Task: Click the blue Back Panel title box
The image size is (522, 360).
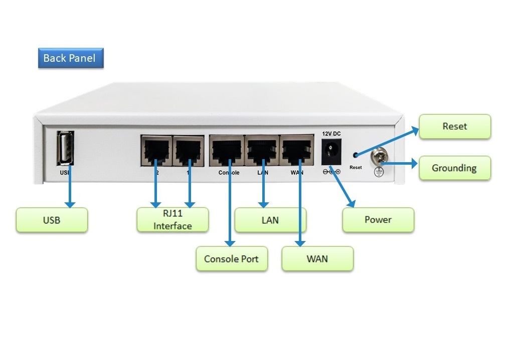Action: [x=70, y=58]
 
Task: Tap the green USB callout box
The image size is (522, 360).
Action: [x=52, y=220]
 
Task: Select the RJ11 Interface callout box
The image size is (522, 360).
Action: [x=172, y=220]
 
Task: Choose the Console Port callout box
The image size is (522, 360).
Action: [x=231, y=259]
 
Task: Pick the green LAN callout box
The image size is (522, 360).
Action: [x=270, y=220]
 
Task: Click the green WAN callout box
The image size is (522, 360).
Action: [x=317, y=259]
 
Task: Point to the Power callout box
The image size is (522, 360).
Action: [x=378, y=220]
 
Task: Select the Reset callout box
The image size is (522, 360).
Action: [x=454, y=127]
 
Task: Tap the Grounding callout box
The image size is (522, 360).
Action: [x=454, y=168]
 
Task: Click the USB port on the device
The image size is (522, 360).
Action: [x=66, y=148]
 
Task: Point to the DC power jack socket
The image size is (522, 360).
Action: [x=331, y=151]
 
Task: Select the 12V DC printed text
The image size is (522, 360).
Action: [x=331, y=134]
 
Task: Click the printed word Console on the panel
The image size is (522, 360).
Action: [x=229, y=173]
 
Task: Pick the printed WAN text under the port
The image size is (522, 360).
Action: [x=297, y=173]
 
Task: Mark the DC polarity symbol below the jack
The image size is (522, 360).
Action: [x=331, y=172]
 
